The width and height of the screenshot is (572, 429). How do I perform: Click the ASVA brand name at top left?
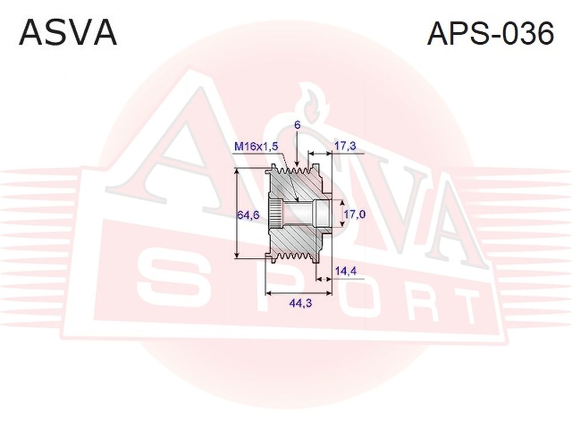pos(68,33)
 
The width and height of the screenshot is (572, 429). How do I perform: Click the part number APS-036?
pos(490,33)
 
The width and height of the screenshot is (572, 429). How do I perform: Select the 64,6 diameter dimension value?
pos(248,215)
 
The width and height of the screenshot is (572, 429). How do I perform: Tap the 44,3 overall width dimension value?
pos(300,303)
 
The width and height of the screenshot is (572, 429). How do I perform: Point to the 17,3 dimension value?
pos(345,146)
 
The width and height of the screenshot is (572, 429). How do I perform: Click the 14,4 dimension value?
pos(346,271)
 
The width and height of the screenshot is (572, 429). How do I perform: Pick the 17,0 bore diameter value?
pos(354,214)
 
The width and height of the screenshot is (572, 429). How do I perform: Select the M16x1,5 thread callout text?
pos(256,146)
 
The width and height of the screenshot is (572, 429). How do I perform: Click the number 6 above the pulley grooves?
pos(297,125)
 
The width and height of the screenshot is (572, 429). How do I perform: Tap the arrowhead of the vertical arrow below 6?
pos(297,164)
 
